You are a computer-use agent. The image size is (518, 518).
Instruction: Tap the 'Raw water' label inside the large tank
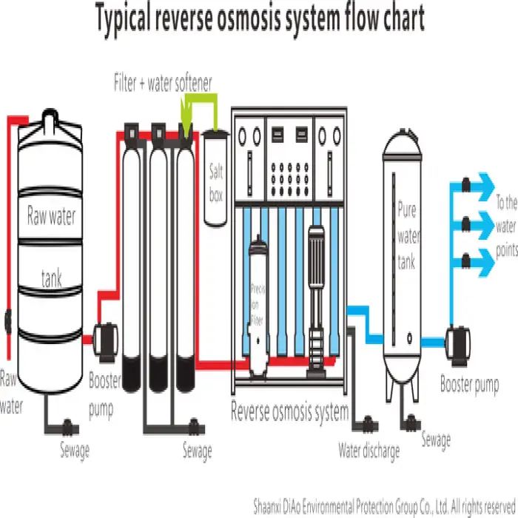[51, 216]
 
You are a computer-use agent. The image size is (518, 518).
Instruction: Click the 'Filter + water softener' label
[162, 82]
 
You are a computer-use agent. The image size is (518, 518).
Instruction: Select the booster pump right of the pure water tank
[459, 340]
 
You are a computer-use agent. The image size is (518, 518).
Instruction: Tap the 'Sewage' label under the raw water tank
[73, 448]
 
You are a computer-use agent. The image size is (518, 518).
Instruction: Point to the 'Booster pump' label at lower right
[469, 384]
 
